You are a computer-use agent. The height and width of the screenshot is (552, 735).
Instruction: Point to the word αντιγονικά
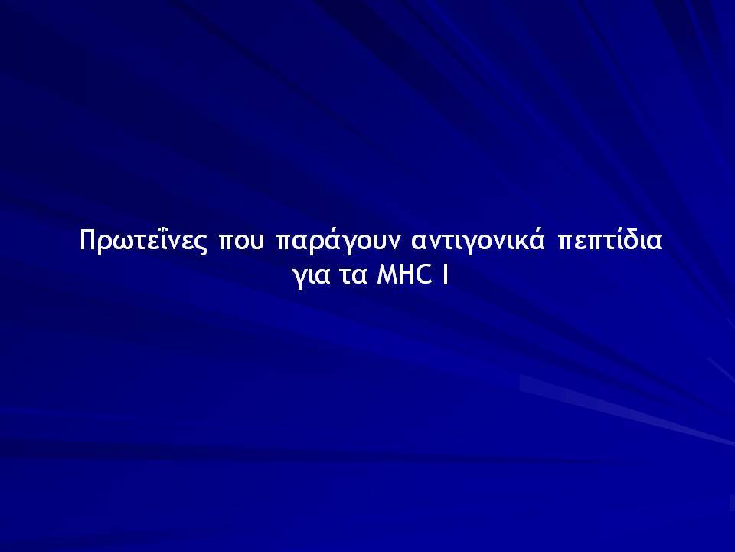pyautogui.click(x=478, y=240)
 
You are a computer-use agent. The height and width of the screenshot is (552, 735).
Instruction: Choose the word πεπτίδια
pyautogui.click(x=609, y=239)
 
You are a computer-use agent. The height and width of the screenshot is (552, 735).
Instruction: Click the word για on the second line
pyautogui.click(x=312, y=276)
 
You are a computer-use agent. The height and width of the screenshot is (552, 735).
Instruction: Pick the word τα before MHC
pyautogui.click(x=353, y=276)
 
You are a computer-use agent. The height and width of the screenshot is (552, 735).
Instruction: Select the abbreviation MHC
pyautogui.click(x=404, y=274)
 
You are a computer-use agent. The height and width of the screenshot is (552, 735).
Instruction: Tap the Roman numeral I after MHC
pyautogui.click(x=445, y=274)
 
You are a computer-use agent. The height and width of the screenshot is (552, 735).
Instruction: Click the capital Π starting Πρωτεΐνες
pyautogui.click(x=88, y=240)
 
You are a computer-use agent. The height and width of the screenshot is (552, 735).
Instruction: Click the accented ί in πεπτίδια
pyautogui.click(x=616, y=239)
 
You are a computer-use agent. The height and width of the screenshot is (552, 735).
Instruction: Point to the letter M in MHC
pyautogui.click(x=387, y=274)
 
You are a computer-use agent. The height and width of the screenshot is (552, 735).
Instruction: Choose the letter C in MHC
pyautogui.click(x=423, y=274)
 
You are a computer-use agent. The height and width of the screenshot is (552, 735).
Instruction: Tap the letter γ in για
pyautogui.click(x=301, y=278)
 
